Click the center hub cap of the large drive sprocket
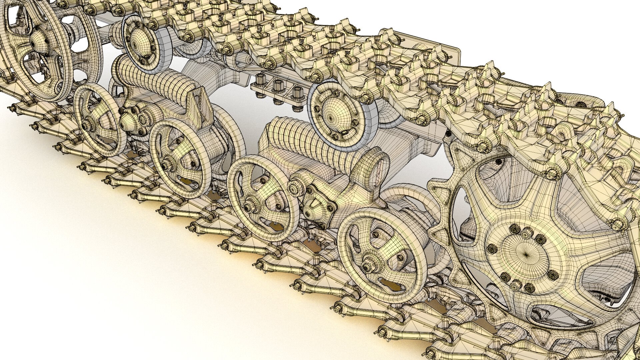[x=526, y=254]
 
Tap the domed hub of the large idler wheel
[x=36, y=42]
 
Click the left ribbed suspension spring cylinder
[x=157, y=83]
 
